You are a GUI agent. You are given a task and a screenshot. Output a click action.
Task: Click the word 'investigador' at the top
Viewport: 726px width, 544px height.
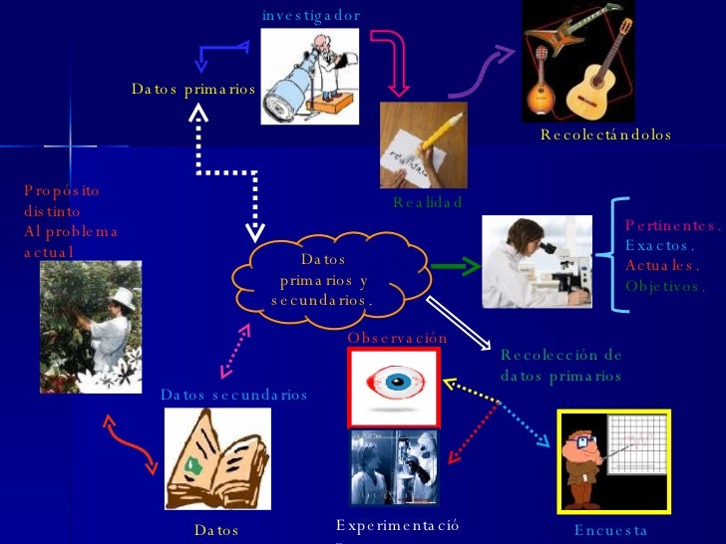(x=310, y=16)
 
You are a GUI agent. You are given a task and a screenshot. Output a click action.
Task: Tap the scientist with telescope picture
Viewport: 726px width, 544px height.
(x=310, y=76)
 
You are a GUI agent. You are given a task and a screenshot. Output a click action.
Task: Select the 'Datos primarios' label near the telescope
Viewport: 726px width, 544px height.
(x=193, y=90)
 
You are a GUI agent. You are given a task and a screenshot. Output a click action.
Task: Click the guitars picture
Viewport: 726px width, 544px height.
(x=578, y=60)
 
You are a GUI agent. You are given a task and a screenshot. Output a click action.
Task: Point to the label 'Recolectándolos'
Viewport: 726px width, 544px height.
(x=605, y=136)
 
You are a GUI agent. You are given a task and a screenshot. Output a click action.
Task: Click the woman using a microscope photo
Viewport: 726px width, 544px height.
(x=537, y=263)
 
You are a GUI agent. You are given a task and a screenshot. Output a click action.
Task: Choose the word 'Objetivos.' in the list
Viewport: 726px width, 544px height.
(x=665, y=286)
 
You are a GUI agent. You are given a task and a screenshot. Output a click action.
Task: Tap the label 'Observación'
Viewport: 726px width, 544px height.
(x=397, y=339)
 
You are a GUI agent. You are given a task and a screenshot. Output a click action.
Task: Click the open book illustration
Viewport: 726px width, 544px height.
(x=216, y=459)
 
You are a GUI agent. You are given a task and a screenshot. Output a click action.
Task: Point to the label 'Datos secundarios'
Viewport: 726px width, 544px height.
(x=233, y=396)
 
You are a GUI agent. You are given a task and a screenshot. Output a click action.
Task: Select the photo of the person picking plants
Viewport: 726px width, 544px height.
(x=91, y=327)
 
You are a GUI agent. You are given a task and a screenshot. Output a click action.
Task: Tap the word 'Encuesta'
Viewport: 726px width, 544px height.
(x=610, y=532)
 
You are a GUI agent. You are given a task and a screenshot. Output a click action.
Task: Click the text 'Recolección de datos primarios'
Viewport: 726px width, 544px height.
(x=560, y=366)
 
